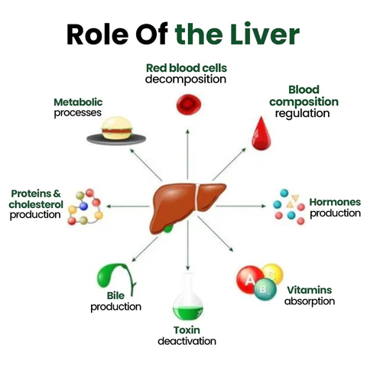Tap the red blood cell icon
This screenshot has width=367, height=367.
click(187, 102)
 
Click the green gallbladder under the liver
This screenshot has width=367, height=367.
click(177, 226)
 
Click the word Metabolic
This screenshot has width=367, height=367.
click(78, 102)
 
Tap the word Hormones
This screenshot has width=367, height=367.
click(334, 203)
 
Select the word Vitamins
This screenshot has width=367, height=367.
click(309, 290)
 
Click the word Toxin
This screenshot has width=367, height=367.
click(187, 330)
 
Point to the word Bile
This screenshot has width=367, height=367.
click(115, 296)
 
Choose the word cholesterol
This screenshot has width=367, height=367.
click(35, 204)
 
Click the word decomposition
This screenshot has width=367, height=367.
click(186, 79)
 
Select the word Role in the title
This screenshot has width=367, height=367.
click(95, 34)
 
